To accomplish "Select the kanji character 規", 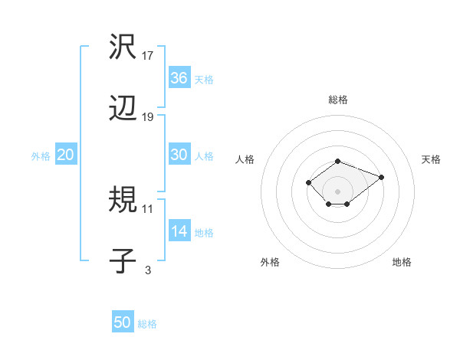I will (x=123, y=201).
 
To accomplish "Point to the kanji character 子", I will (x=123, y=262).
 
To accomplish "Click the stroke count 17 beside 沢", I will (x=148, y=56).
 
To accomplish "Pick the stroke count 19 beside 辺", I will (x=148, y=117).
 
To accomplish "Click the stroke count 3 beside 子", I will (x=148, y=270).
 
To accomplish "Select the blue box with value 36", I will (x=179, y=78).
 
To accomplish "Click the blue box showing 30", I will (x=179, y=155).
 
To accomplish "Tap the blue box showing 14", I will (x=179, y=231).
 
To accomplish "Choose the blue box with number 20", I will (x=65, y=155).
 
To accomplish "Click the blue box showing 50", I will (x=123, y=322).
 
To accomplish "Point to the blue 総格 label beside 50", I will (x=147, y=324).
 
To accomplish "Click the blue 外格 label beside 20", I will (x=41, y=156).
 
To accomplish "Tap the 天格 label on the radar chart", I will (x=431, y=159).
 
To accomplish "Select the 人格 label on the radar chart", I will (x=245, y=159).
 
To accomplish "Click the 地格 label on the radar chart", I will (x=402, y=262).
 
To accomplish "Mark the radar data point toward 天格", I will (x=381, y=177).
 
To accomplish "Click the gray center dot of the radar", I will (x=337, y=191).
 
